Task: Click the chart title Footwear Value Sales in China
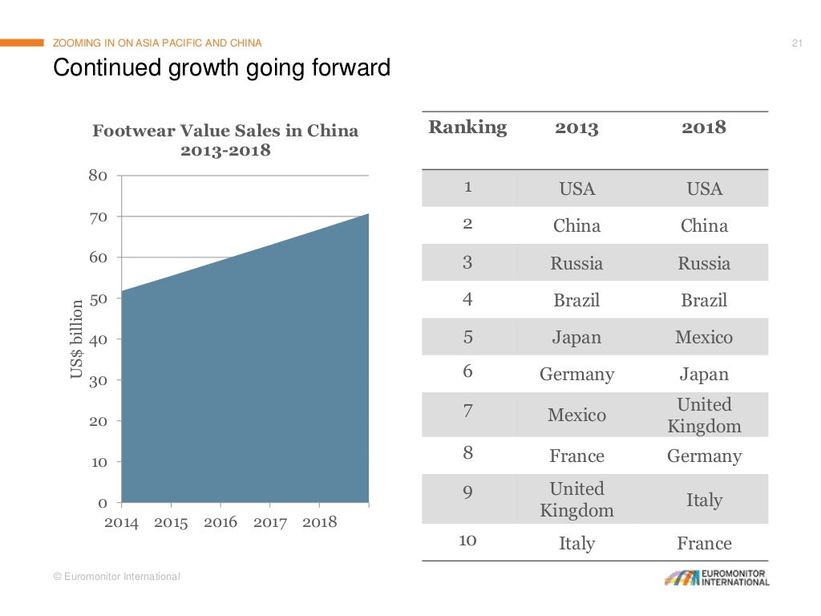[225, 131]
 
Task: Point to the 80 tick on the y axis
[99, 175]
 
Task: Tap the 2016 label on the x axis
[220, 523]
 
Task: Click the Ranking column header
[467, 127]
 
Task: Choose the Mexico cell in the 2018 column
[704, 338]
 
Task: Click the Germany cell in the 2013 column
[576, 375]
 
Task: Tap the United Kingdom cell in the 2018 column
[704, 415]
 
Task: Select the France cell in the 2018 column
[704, 544]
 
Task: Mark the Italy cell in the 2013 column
[576, 544]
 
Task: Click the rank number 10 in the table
[467, 540]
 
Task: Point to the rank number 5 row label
[467, 337]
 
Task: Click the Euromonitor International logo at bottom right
[716, 578]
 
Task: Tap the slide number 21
[796, 43]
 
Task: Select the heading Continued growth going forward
[221, 69]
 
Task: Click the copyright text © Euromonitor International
[116, 577]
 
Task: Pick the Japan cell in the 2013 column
[576, 338]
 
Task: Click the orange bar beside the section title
[22, 43]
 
